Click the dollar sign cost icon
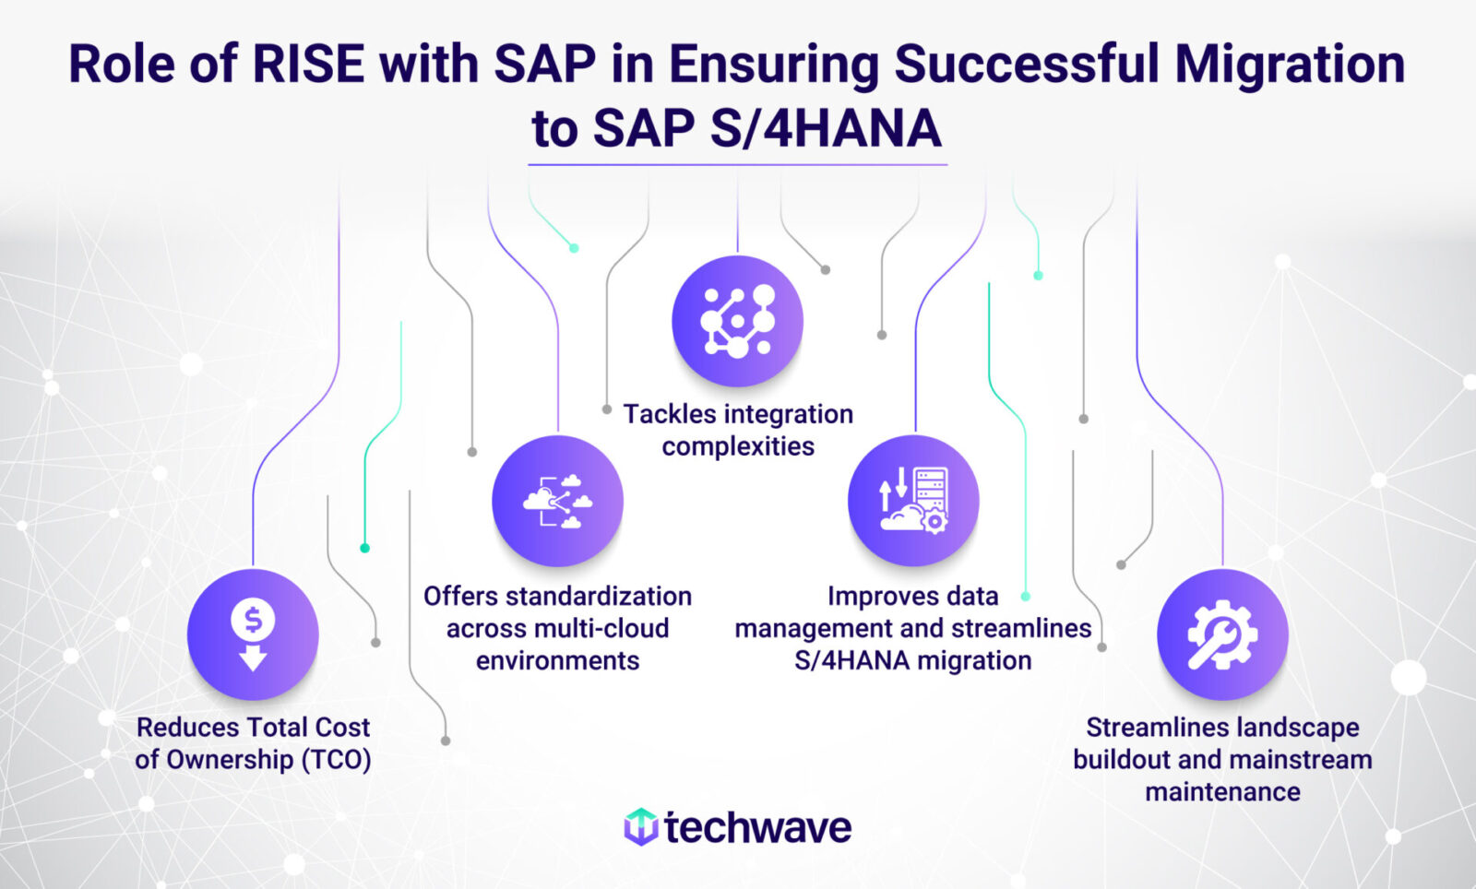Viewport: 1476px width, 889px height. click(x=253, y=634)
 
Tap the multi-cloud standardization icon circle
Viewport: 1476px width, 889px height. click(x=557, y=501)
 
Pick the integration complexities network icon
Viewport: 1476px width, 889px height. click(x=737, y=321)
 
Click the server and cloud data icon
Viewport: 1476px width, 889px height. click(x=913, y=501)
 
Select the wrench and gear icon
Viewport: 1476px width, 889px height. click(x=1222, y=634)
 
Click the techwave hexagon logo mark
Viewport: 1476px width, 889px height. click(x=640, y=827)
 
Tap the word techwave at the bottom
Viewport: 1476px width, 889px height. click(x=757, y=827)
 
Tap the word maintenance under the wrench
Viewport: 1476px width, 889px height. click(x=1222, y=792)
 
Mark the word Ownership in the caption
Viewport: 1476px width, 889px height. click(x=227, y=760)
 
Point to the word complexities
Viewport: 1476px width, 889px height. click(x=738, y=446)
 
